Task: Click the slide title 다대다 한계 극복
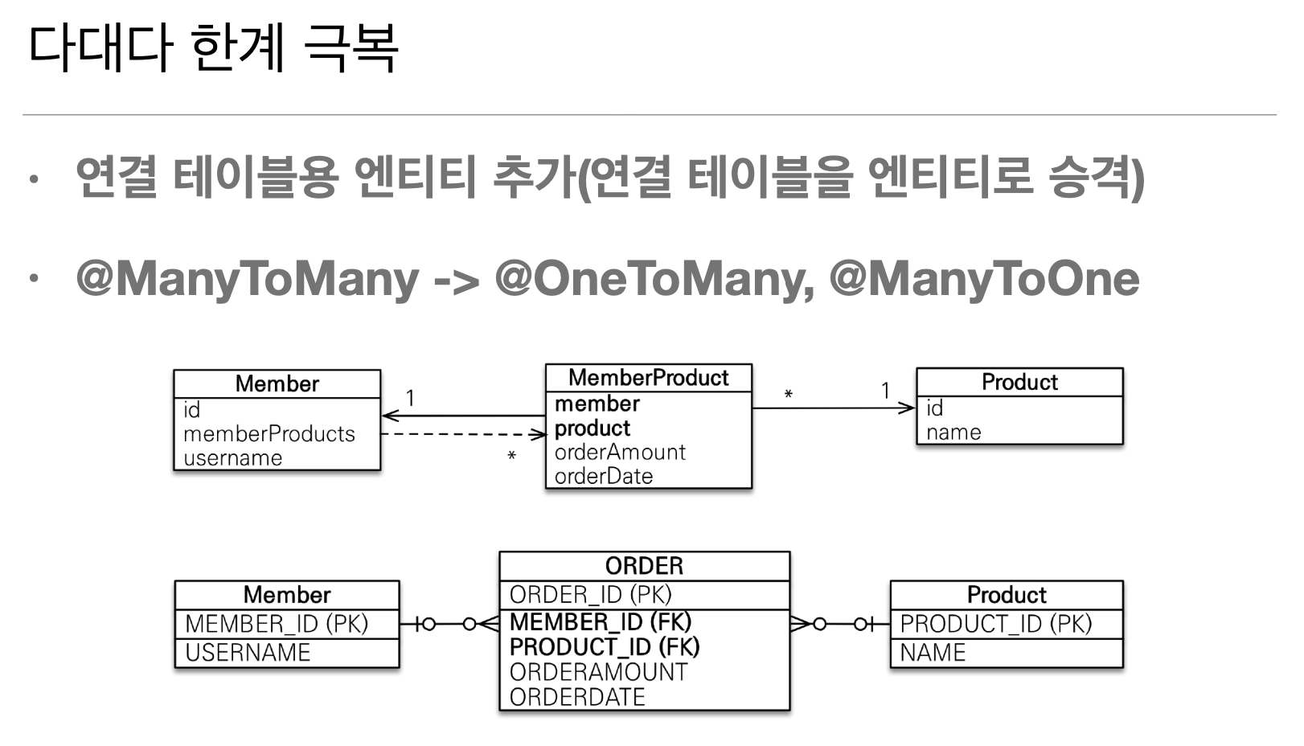click(x=213, y=47)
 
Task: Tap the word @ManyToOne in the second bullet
click(x=984, y=279)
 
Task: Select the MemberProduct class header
click(x=648, y=378)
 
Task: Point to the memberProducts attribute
click(x=269, y=434)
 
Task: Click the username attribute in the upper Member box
click(x=233, y=458)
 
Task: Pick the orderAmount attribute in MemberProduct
click(x=620, y=452)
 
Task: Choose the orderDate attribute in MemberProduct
click(x=604, y=476)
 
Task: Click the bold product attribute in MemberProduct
click(x=593, y=428)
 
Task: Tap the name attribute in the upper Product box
click(x=953, y=432)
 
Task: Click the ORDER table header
click(x=644, y=566)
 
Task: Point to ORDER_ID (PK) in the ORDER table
click(x=590, y=595)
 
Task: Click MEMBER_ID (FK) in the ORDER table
click(x=601, y=621)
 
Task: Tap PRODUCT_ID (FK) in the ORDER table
click(x=605, y=646)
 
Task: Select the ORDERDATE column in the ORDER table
click(x=577, y=697)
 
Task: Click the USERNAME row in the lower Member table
click(x=248, y=653)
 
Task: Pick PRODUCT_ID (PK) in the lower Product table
click(x=996, y=624)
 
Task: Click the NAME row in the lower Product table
click(x=933, y=653)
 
